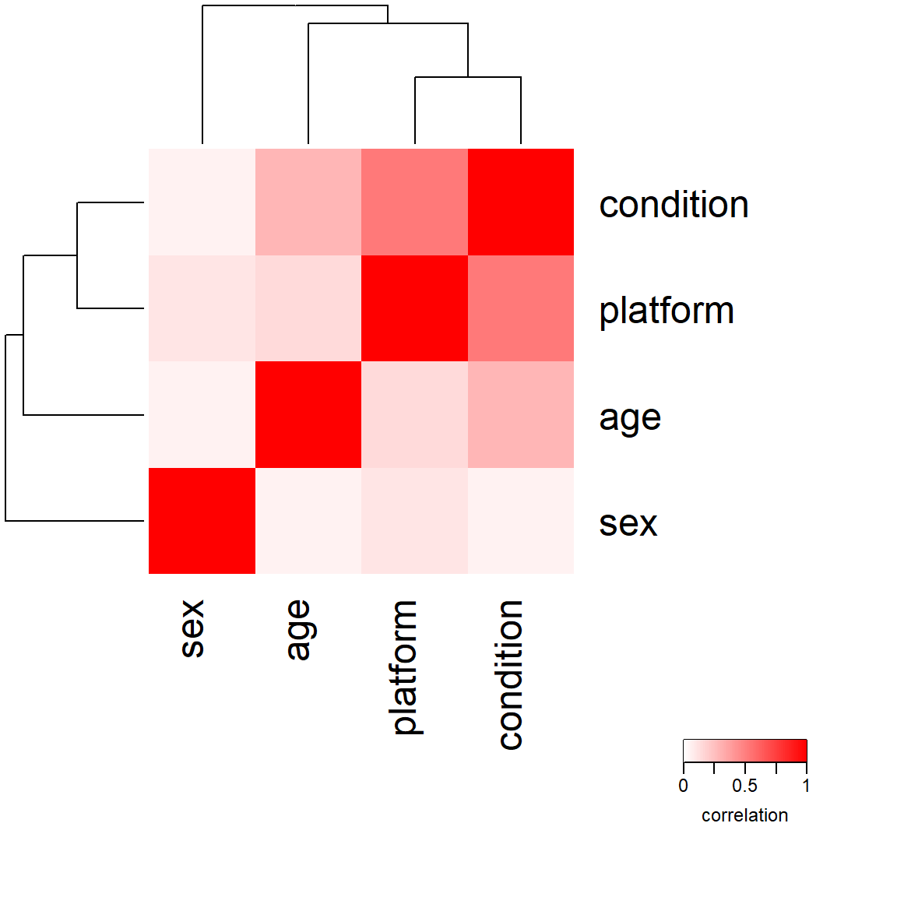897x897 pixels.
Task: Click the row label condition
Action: point(674,204)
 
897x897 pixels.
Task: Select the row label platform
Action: point(667,311)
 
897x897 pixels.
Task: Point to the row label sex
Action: point(628,524)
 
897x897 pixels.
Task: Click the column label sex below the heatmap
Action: point(192,628)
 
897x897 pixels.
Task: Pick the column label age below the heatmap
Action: point(299,630)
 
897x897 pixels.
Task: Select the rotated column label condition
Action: point(510,674)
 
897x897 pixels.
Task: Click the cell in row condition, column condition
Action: point(521,202)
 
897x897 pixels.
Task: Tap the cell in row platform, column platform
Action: point(415,308)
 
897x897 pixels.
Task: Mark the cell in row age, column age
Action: point(308,415)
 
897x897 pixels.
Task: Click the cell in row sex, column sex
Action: point(202,521)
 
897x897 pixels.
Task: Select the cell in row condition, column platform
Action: point(415,202)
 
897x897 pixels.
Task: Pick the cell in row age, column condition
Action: point(521,415)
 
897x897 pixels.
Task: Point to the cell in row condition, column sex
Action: point(202,202)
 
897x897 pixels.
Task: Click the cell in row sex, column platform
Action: point(415,521)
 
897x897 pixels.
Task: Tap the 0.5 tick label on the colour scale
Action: point(744,786)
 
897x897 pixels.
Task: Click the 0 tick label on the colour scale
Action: point(683,786)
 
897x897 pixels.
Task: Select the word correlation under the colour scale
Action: point(745,815)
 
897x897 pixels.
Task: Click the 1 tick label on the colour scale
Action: point(806,786)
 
